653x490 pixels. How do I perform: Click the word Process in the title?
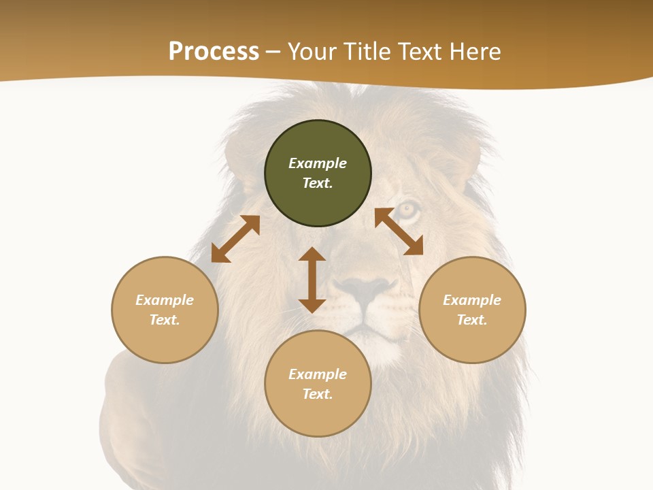pos(214,52)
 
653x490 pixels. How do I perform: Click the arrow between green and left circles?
pos(235,239)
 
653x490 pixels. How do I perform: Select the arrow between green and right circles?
pos(399,231)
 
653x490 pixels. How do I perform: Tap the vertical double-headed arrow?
pos(312,280)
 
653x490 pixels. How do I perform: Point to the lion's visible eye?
pos(407,210)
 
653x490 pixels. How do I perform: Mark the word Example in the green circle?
pos(318,163)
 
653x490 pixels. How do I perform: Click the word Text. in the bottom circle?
pos(318,394)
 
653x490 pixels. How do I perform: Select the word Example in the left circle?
pos(165,300)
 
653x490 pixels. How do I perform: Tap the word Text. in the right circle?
pos(472,320)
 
